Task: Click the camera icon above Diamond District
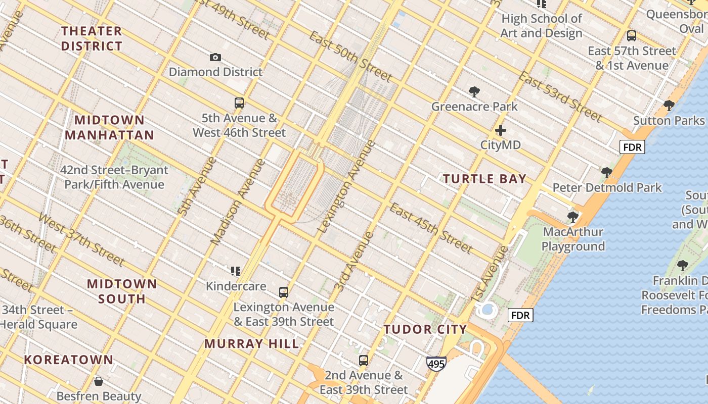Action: coord(215,58)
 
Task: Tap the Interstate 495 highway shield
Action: coord(436,363)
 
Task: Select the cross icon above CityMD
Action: coord(501,130)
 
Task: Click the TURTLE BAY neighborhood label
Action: coord(485,179)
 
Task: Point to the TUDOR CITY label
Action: coord(425,330)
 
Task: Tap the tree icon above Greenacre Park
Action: coord(474,92)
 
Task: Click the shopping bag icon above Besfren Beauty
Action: coord(99,381)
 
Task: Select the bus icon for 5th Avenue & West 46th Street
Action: coord(239,103)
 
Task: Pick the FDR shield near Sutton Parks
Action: coord(633,147)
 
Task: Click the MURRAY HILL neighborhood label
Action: coord(252,344)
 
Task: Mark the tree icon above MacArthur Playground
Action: coord(572,217)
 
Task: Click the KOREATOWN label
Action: coord(69,360)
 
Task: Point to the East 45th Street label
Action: coord(431,228)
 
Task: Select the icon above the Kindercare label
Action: coord(236,272)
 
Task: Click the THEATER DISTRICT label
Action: coord(92,38)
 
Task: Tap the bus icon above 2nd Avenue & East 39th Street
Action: coord(363,361)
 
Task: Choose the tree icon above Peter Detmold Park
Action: coord(607,173)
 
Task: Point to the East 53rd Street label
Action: coord(561,97)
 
